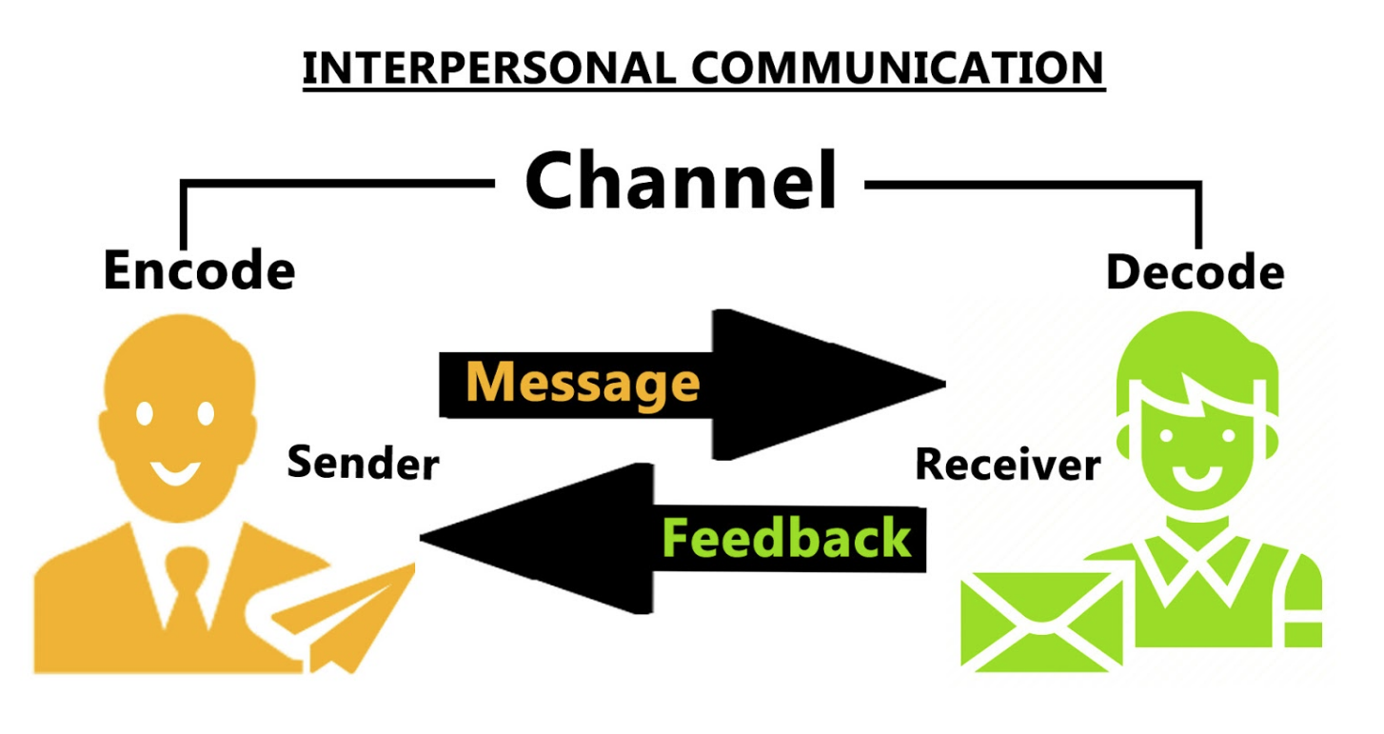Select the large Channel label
[680, 181]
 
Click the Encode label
[199, 270]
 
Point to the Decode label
[1195, 273]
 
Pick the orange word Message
[583, 383]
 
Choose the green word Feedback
[786, 538]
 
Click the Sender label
[363, 464]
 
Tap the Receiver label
[1008, 465]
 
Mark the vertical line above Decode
[1198, 215]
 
